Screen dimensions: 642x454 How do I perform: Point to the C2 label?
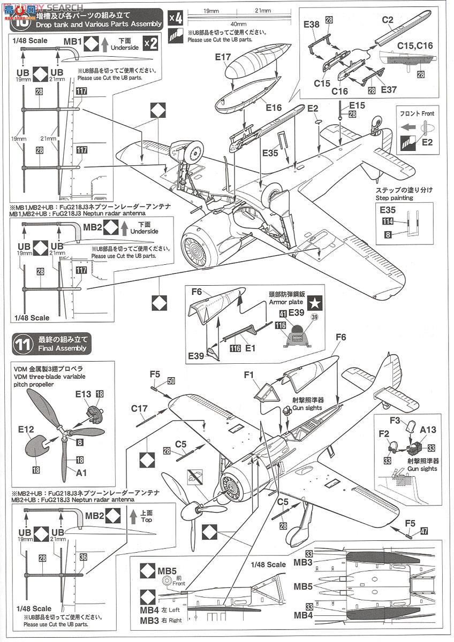coord(388,20)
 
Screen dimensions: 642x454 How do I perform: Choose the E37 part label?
coord(389,89)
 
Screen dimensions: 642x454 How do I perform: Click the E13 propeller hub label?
coord(84,394)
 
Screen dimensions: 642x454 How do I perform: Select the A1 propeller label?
coord(82,472)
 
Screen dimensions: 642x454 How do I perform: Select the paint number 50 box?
coord(170,380)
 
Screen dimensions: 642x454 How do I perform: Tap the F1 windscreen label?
coord(248,375)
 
